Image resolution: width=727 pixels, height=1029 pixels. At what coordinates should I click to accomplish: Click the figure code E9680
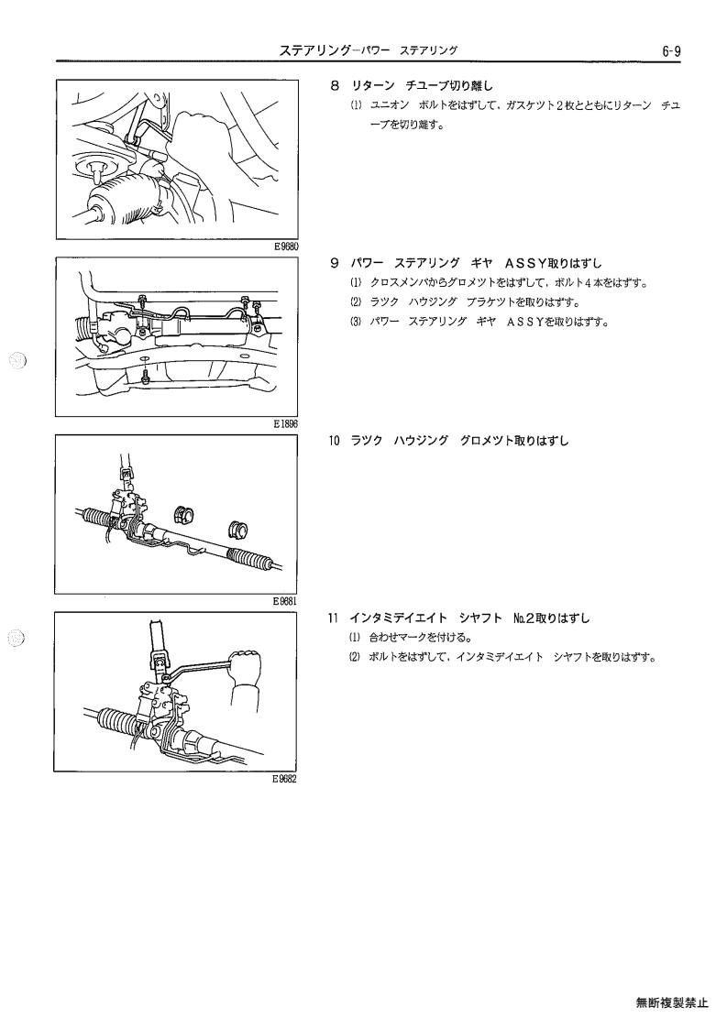coord(286,246)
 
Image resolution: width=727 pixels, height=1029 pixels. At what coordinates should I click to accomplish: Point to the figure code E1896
coord(286,424)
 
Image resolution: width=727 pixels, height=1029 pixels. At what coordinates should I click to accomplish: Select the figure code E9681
coord(286,600)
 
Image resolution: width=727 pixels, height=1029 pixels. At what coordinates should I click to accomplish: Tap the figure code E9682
coord(285,779)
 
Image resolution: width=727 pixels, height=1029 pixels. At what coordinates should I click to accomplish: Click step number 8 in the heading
coord(335,85)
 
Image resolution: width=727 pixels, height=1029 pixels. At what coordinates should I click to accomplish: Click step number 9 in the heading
coord(335,263)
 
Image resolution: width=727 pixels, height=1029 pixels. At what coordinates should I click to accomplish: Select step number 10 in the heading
coord(334,441)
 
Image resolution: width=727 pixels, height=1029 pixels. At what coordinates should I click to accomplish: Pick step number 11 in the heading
coord(333,618)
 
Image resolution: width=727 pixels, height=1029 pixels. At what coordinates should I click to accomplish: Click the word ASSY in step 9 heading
coord(526,263)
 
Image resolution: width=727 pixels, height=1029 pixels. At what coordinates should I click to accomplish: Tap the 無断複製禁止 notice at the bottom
coord(672,1002)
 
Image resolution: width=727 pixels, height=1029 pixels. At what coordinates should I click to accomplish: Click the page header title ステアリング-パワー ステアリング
coord(369,50)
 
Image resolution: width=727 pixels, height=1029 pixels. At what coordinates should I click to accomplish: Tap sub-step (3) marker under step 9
coord(356,323)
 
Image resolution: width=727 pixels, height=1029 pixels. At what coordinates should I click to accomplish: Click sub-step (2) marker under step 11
coord(355,657)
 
